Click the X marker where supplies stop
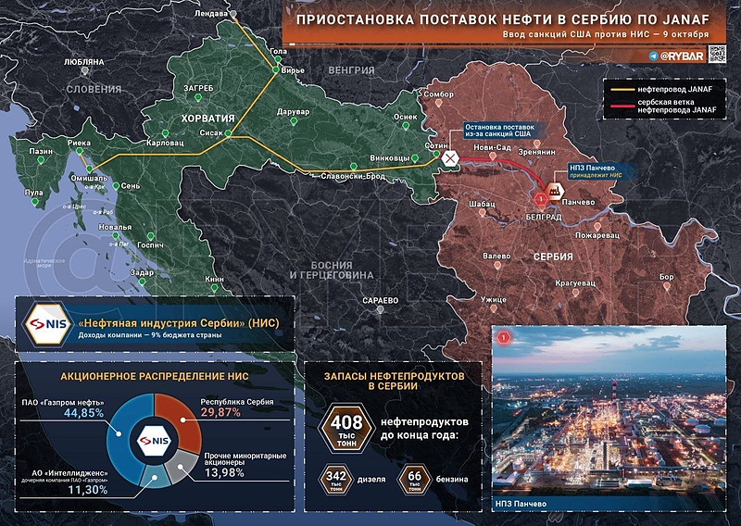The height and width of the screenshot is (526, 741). [450, 159]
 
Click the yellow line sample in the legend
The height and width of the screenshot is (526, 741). [624, 88]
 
